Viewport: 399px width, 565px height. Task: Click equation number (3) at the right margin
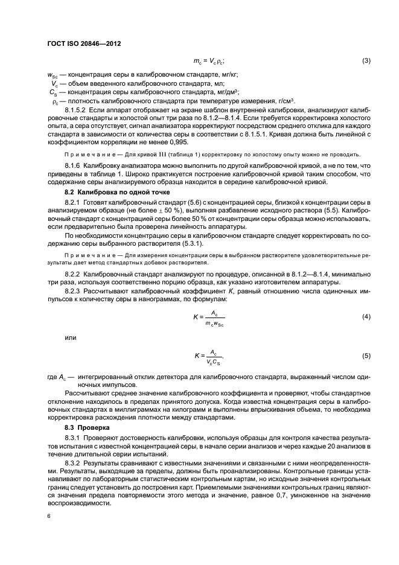click(x=366, y=61)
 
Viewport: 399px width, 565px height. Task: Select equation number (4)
click(x=366, y=316)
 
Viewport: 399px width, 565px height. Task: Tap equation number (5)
click(x=366, y=356)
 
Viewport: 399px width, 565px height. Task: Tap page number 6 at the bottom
click(x=49, y=517)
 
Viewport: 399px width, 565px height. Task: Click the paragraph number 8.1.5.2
click(x=77, y=111)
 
